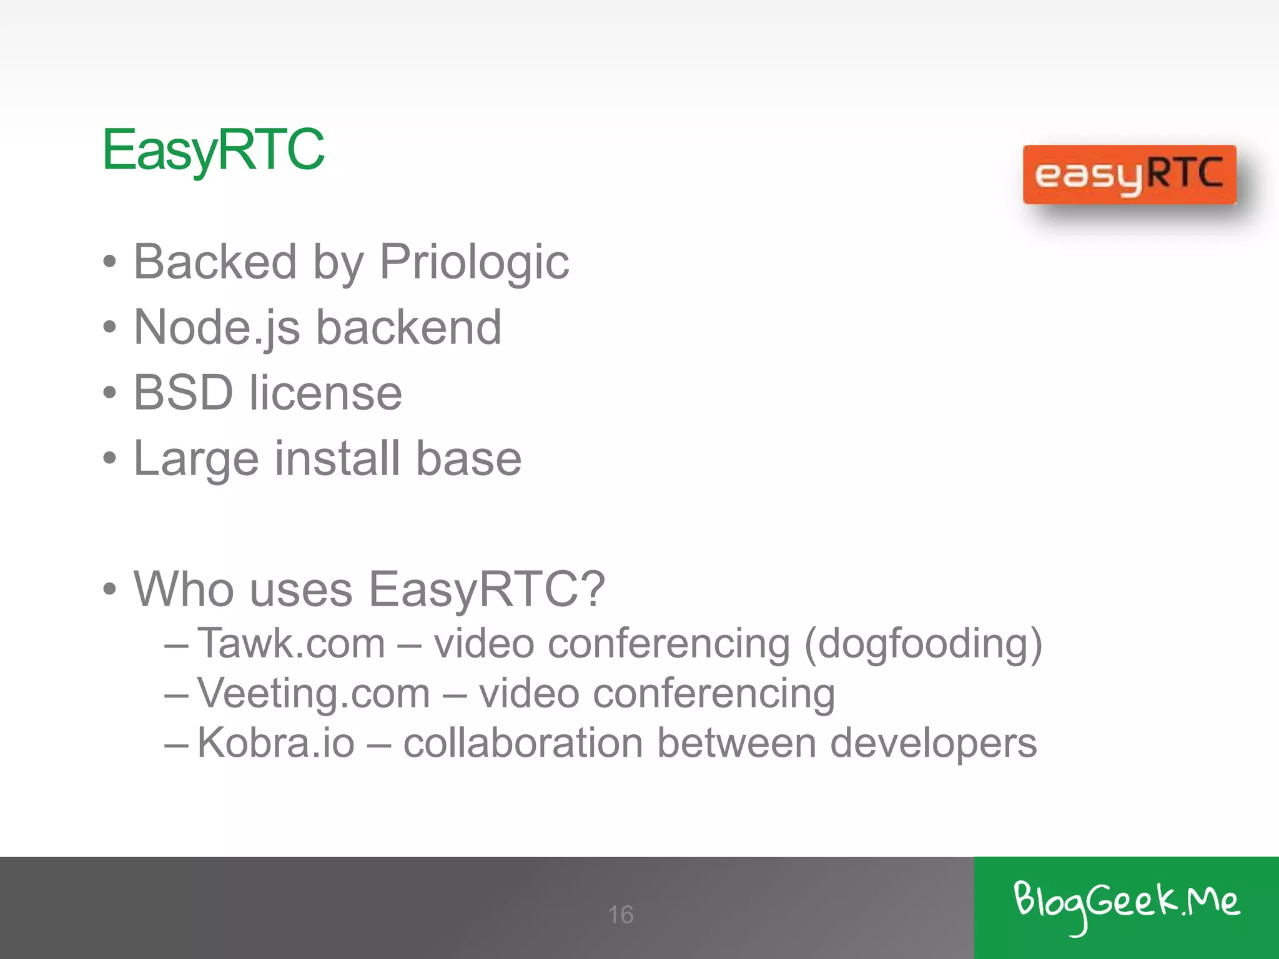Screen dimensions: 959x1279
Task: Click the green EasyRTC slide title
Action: pyautogui.click(x=213, y=150)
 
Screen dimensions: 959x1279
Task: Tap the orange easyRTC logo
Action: pyautogui.click(x=1129, y=175)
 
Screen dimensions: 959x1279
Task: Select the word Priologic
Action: pyautogui.click(x=474, y=262)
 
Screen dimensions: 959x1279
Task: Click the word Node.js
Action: pyautogui.click(x=217, y=328)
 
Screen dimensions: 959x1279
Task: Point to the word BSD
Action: pyautogui.click(x=183, y=393)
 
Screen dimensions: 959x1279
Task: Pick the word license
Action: pyautogui.click(x=325, y=393)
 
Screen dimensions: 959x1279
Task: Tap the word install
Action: pyautogui.click(x=337, y=458)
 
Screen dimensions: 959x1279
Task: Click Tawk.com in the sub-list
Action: pyautogui.click(x=291, y=643)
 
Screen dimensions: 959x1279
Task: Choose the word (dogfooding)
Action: pyautogui.click(x=923, y=644)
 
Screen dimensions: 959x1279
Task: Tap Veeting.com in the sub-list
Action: pyautogui.click(x=314, y=694)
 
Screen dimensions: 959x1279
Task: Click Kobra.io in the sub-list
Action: pyautogui.click(x=276, y=743)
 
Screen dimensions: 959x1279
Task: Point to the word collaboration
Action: pyautogui.click(x=523, y=743)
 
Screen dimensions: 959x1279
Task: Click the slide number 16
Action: pyautogui.click(x=621, y=915)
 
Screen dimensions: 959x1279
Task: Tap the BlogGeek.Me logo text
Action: pyautogui.click(x=1126, y=903)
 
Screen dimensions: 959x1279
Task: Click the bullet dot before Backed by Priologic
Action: pyautogui.click(x=110, y=262)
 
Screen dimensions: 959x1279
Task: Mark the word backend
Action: pyautogui.click(x=408, y=328)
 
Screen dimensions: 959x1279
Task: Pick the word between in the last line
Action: pyautogui.click(x=736, y=743)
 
